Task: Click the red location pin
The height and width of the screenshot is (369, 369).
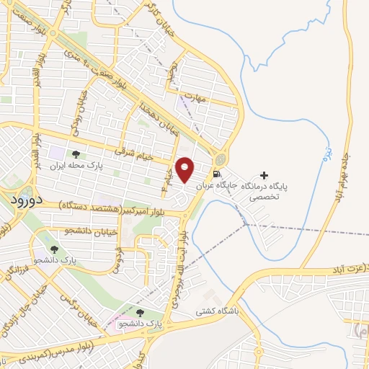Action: click(x=185, y=169)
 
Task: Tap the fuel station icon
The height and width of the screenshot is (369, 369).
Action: click(x=215, y=174)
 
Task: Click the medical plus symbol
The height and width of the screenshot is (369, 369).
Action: click(x=264, y=175)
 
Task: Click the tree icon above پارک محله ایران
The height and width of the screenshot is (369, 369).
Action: click(x=76, y=154)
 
